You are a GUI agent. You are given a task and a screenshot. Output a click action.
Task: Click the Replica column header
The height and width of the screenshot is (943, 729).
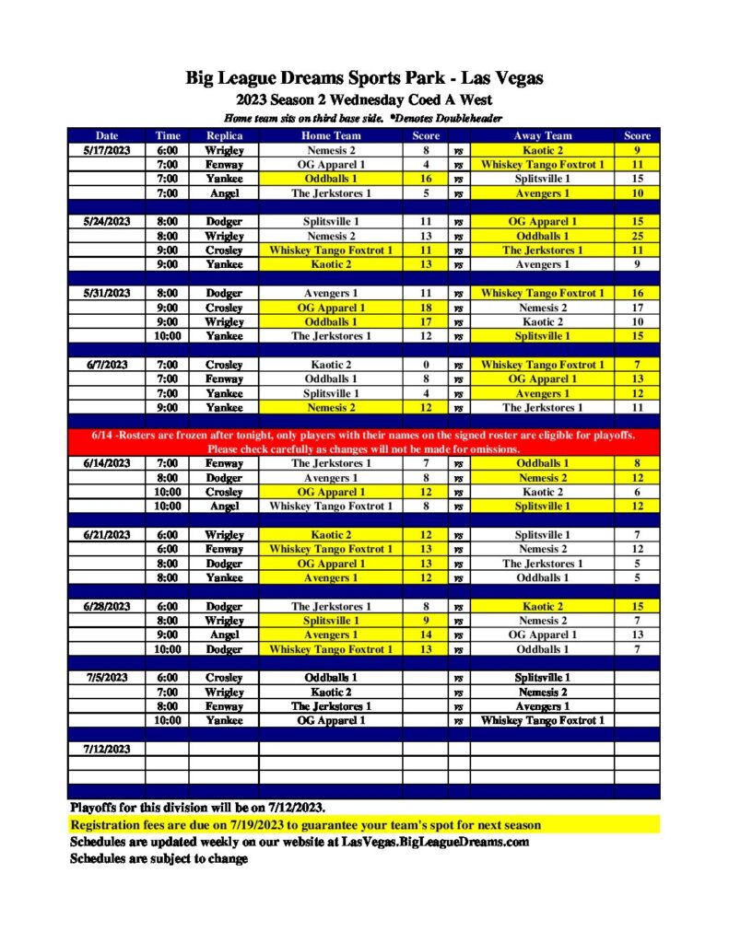224,135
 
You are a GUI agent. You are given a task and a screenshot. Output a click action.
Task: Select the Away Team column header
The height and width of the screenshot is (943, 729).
543,135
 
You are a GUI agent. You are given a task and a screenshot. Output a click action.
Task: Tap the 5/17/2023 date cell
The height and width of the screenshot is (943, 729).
107,149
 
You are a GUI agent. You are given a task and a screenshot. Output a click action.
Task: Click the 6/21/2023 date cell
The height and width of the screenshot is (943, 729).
107,535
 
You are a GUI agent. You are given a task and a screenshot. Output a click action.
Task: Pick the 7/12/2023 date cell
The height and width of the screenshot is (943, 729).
107,749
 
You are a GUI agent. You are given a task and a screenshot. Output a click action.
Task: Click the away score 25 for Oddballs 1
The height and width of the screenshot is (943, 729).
637,236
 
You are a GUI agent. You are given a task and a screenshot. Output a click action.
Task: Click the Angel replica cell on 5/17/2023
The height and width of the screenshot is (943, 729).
224,193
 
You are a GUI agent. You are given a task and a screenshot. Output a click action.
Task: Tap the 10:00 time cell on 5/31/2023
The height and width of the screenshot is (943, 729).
168,336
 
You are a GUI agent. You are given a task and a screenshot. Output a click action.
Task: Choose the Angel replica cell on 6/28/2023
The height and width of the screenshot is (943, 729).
224,634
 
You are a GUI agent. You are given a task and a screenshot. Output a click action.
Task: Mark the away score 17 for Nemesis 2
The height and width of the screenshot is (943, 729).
637,308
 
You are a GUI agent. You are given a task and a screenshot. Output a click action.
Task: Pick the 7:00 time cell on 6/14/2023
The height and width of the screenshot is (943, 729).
168,463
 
